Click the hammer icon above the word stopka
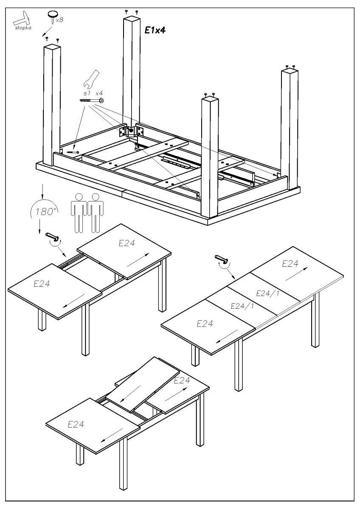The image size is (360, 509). point(20,18)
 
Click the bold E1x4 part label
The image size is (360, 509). point(155,30)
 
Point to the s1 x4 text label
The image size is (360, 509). point(93,92)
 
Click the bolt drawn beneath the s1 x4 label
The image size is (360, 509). point(92,101)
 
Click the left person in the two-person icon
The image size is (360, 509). point(79,212)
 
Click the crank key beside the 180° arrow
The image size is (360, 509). point(51,235)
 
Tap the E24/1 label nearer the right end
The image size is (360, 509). point(268,294)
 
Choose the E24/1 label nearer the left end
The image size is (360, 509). point(242,306)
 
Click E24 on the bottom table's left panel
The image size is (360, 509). point(76,424)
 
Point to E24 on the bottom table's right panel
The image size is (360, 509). point(182,380)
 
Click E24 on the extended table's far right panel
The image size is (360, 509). point(290,264)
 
